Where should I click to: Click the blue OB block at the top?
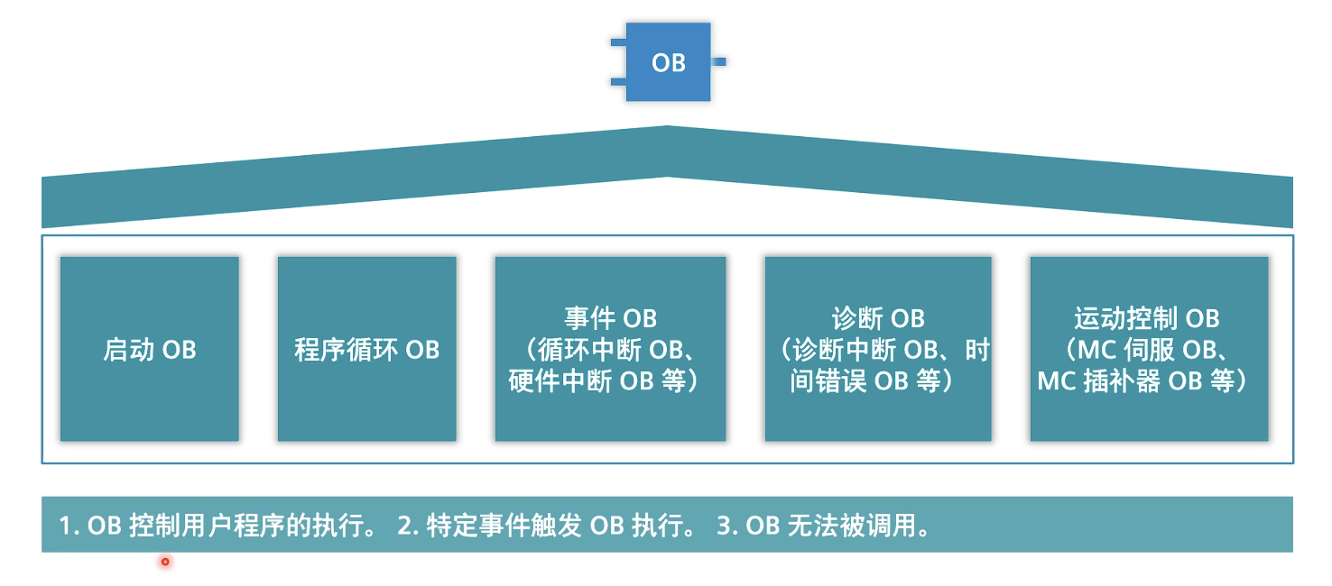pos(668,62)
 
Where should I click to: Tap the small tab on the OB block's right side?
pos(718,62)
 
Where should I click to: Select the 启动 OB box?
pos(150,349)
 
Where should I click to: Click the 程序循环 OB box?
pos(366,349)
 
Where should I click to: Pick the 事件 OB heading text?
pos(610,318)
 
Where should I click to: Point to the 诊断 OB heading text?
pos(878,318)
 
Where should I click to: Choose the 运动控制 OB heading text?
pos(1147,318)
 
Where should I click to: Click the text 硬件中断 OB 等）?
pos(605,380)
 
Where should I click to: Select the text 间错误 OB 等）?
pos(873,380)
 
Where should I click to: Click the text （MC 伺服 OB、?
pos(1148,350)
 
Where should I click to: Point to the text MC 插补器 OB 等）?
pos(1142,380)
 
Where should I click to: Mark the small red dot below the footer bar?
pos(165,562)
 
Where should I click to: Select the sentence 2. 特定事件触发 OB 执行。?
pos(547,525)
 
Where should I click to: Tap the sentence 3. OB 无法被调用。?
pos(823,525)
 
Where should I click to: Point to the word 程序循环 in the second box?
pos(346,349)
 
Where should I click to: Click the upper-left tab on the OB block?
pos(618,42)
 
